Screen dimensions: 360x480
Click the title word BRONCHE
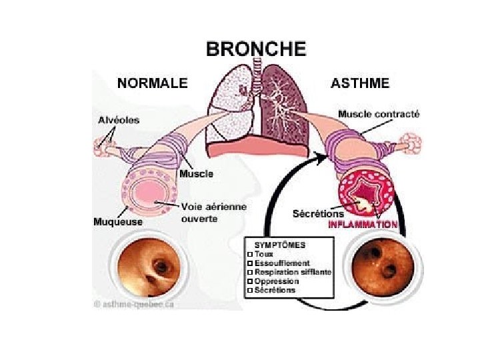pos(256,49)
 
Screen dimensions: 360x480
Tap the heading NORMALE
pos(153,83)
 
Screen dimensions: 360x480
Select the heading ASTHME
pos(360,83)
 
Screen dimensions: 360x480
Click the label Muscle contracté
pos(379,114)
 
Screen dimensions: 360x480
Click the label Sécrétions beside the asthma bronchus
pos(318,214)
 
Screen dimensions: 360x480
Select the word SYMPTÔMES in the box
pos(278,245)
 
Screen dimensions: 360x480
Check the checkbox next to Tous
pos(249,254)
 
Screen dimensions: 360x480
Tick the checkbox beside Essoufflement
pos(249,263)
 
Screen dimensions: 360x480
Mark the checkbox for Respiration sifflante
pos(249,273)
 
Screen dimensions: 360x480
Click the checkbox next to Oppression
pos(249,281)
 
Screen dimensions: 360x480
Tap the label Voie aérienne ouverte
pos(213,212)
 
